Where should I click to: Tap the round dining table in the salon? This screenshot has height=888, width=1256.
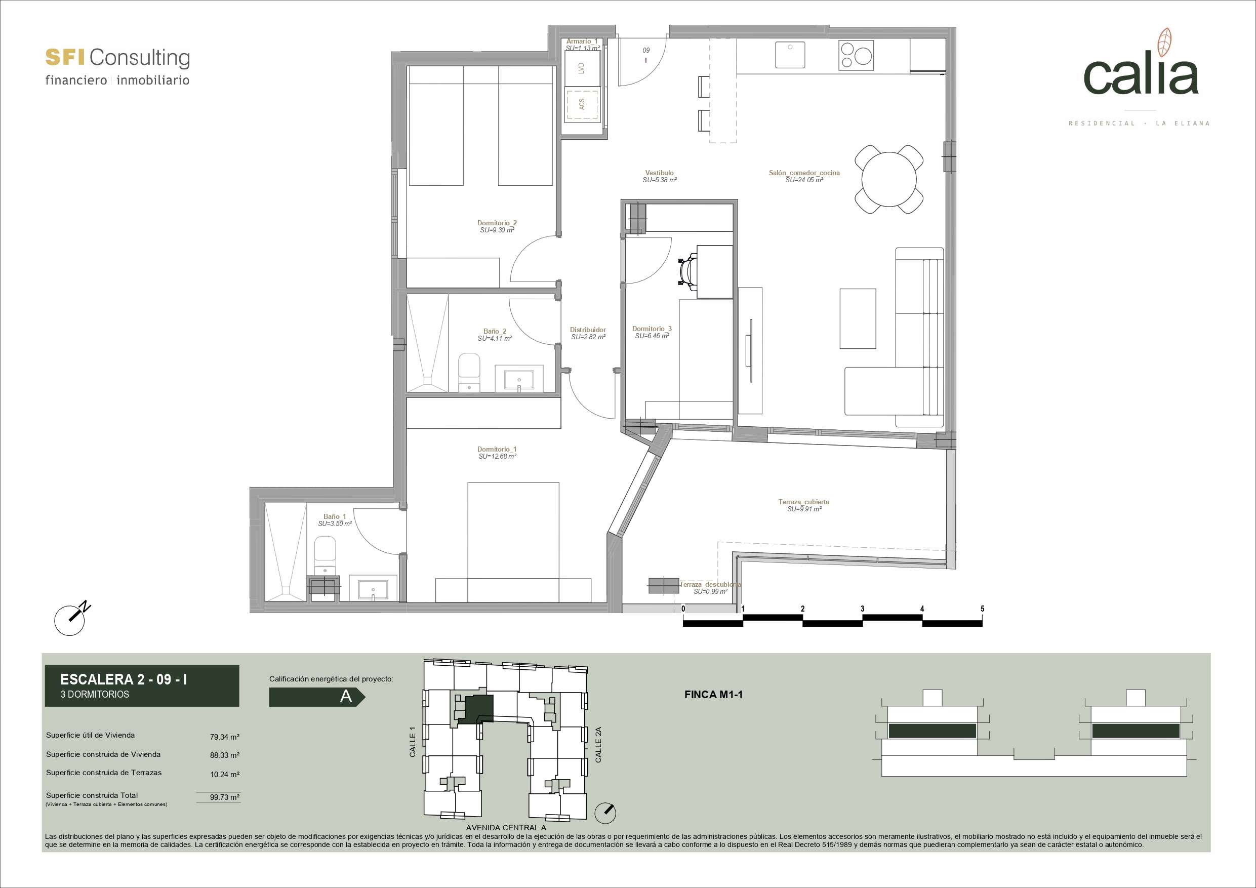(x=889, y=179)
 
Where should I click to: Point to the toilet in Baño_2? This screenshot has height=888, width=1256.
(x=469, y=373)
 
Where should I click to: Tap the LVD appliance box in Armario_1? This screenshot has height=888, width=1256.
(x=582, y=68)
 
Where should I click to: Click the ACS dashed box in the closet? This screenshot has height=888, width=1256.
(x=582, y=104)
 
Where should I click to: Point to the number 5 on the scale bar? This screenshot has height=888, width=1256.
(x=983, y=609)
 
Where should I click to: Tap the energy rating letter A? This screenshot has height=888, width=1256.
(x=346, y=697)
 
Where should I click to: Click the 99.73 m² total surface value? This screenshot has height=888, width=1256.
(x=225, y=797)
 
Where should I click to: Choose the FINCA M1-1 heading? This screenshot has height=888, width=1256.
(x=713, y=695)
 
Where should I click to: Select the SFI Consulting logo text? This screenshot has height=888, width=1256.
(x=117, y=57)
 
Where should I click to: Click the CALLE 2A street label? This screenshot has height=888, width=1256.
(x=598, y=745)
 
